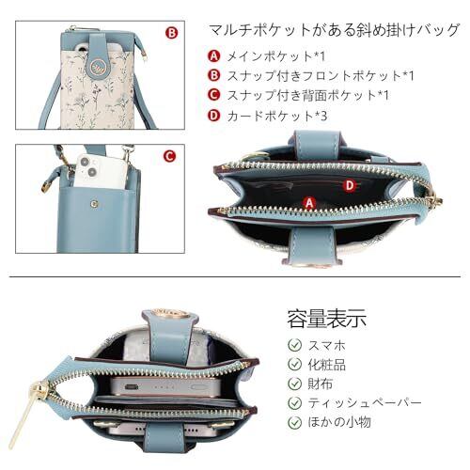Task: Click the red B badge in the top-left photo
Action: tap(171, 33)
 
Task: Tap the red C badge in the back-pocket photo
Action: tap(169, 156)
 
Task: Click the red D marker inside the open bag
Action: tap(350, 186)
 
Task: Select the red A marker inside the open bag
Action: tap(309, 203)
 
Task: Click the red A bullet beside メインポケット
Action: tap(214, 56)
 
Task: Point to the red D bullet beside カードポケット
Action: tap(214, 116)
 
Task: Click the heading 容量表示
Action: tap(327, 319)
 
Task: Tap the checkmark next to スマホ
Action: tap(294, 345)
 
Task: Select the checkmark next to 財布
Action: tap(294, 384)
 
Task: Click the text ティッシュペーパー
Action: tap(365, 402)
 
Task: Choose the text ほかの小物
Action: tap(339, 422)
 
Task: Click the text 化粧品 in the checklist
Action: tap(327, 365)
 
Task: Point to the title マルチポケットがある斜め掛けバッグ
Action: tap(335, 30)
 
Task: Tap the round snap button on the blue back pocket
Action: tap(94, 204)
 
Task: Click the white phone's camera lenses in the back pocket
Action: tap(87, 166)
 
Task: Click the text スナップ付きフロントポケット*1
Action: tap(321, 75)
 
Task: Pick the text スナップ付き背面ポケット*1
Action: tap(307, 95)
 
